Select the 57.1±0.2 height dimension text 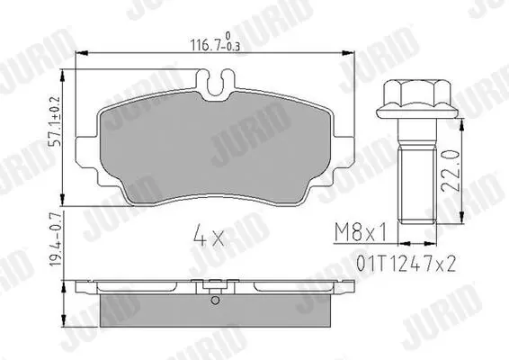click(56, 121)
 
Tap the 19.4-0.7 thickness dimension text click(56, 239)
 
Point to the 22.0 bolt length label click(451, 169)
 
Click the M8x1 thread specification click(361, 232)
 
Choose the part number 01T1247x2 click(406, 263)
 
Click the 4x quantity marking click(209, 237)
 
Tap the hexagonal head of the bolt click(417, 94)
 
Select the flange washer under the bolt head click(417, 112)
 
